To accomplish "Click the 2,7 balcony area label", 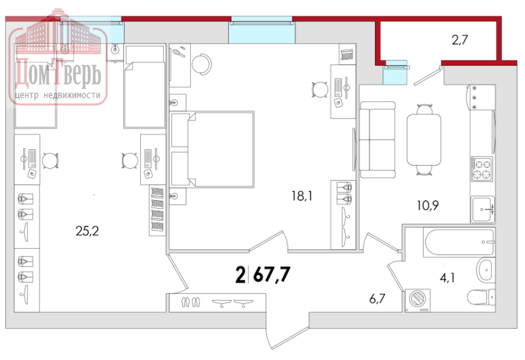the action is (459, 40).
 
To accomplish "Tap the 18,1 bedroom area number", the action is (302, 195).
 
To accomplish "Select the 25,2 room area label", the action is (87, 231).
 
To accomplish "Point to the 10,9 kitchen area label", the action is (427, 205).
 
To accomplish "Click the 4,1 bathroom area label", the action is (447, 277).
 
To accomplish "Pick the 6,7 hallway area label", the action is (377, 298).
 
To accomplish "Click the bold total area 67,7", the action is (272, 275).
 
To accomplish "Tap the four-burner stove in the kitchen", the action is (482, 169).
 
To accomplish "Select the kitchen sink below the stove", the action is (483, 209).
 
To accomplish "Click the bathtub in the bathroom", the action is (459, 242).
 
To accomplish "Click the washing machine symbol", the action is (417, 301).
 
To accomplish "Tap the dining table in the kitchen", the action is (424, 140).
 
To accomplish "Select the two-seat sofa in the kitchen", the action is (377, 140).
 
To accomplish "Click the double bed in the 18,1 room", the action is (212, 149).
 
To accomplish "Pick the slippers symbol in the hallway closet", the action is (191, 302).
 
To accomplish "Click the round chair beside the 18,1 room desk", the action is (320, 90).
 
